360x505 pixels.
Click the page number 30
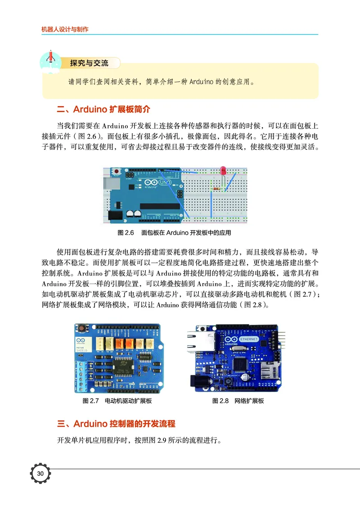[40, 473]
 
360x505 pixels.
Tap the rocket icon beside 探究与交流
[50, 59]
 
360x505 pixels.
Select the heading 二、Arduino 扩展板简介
[103, 109]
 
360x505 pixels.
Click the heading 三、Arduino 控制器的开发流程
[116, 424]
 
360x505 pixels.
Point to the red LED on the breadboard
[223, 170]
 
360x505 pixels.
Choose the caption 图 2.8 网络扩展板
[238, 401]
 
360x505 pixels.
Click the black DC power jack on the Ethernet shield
[199, 381]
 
